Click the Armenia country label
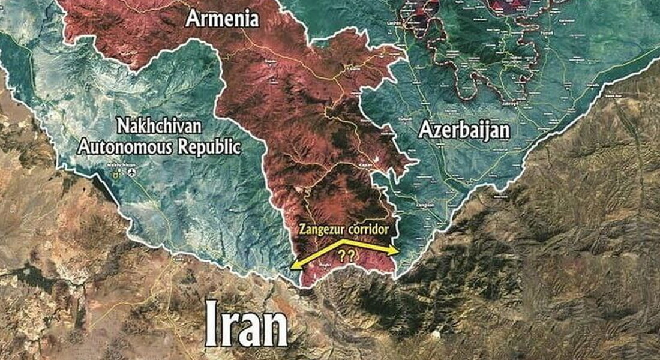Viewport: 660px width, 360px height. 222,19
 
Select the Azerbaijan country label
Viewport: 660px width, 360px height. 464,130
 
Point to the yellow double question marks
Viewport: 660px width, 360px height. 346,255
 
